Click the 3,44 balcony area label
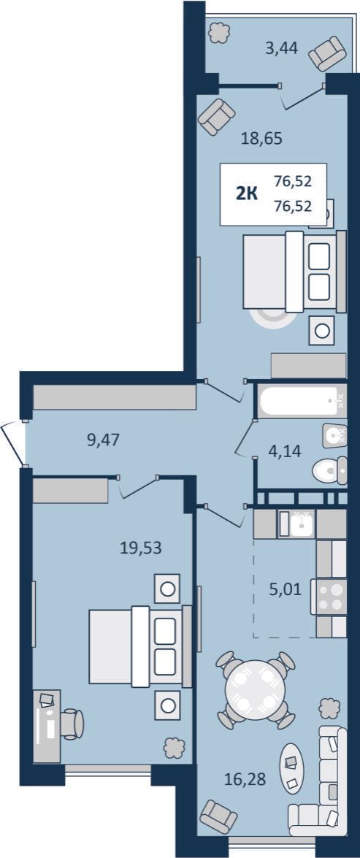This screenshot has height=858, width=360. pos(281,49)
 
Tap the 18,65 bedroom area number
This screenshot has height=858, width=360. pos(261,139)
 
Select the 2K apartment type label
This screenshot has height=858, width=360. pos(248,194)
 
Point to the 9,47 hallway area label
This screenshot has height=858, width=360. pos(104,439)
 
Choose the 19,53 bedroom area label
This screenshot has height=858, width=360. pos(141,548)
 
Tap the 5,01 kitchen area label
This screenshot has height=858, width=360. pos(285,591)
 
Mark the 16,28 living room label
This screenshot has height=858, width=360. pos(245,778)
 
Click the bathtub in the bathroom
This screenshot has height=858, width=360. pos(302,402)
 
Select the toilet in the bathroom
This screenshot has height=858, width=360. pos(330,470)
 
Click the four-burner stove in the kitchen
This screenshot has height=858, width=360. pos(329,597)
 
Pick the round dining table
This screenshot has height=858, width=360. pos(256,690)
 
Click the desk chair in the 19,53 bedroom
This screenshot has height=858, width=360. pos(72,724)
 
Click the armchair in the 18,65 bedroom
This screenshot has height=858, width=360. pos(217,117)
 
